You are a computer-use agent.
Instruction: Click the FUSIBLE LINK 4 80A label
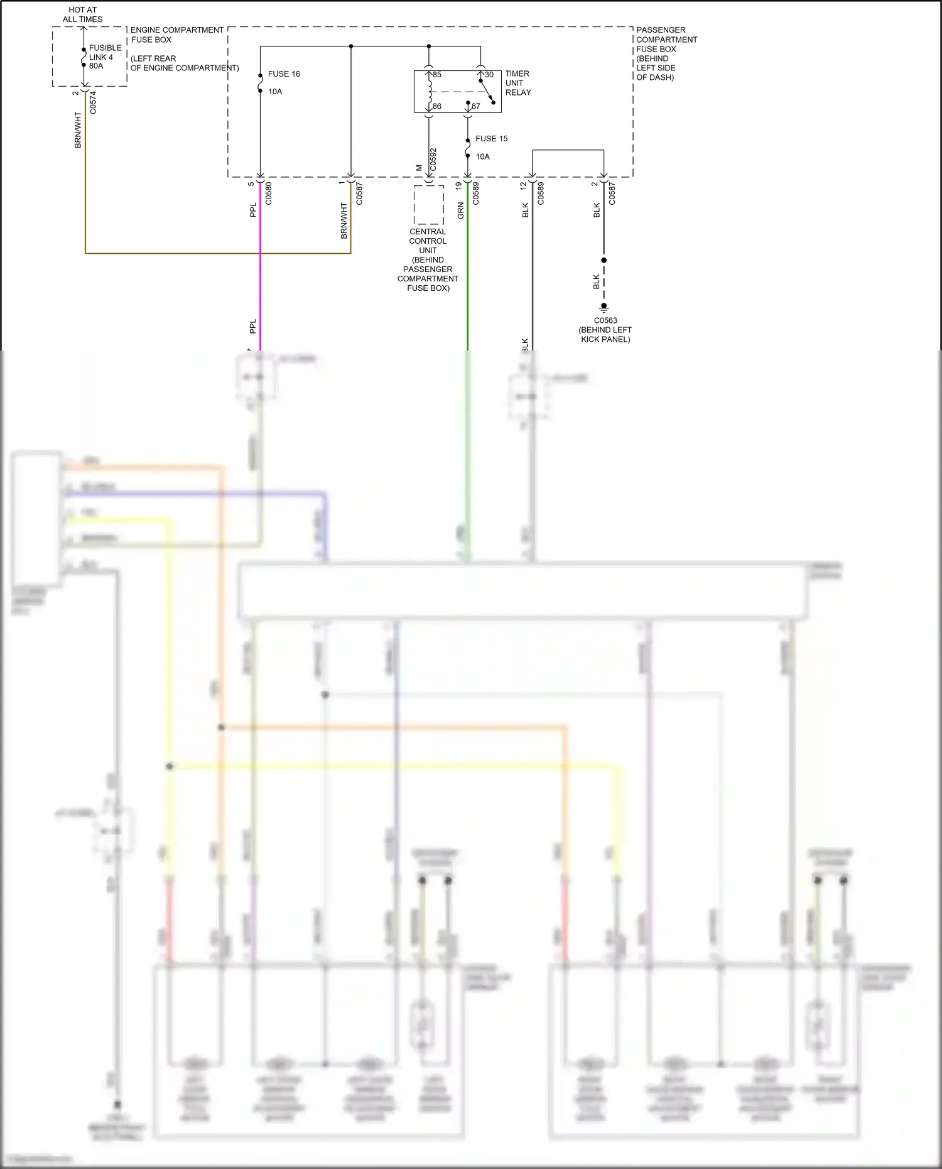pyautogui.click(x=104, y=57)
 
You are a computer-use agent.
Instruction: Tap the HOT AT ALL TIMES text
pyautogui.click(x=82, y=14)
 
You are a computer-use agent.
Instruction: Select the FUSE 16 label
pyautogui.click(x=284, y=74)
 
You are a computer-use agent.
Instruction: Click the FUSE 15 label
pyautogui.click(x=491, y=139)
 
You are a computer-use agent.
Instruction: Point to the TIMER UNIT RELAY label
pyautogui.click(x=518, y=83)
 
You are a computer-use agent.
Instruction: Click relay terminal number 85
pyautogui.click(x=437, y=75)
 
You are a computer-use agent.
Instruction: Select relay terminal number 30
pyautogui.click(x=489, y=75)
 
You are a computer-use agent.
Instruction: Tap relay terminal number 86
pyautogui.click(x=437, y=106)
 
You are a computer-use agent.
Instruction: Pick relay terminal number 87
pyautogui.click(x=476, y=106)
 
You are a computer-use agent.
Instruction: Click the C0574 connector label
pyautogui.click(x=93, y=102)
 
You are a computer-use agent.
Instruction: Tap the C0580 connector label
pyautogui.click(x=269, y=193)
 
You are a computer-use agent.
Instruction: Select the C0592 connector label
pyautogui.click(x=433, y=161)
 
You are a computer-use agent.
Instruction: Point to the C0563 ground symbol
pyautogui.click(x=604, y=307)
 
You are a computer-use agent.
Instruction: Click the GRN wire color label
pyautogui.click(x=461, y=210)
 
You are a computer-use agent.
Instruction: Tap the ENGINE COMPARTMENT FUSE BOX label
pyautogui.click(x=176, y=35)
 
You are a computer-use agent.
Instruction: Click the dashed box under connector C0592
pyautogui.click(x=428, y=205)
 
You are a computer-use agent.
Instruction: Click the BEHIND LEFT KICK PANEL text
pyautogui.click(x=605, y=334)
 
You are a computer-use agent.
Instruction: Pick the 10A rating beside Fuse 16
pyautogui.click(x=275, y=92)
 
